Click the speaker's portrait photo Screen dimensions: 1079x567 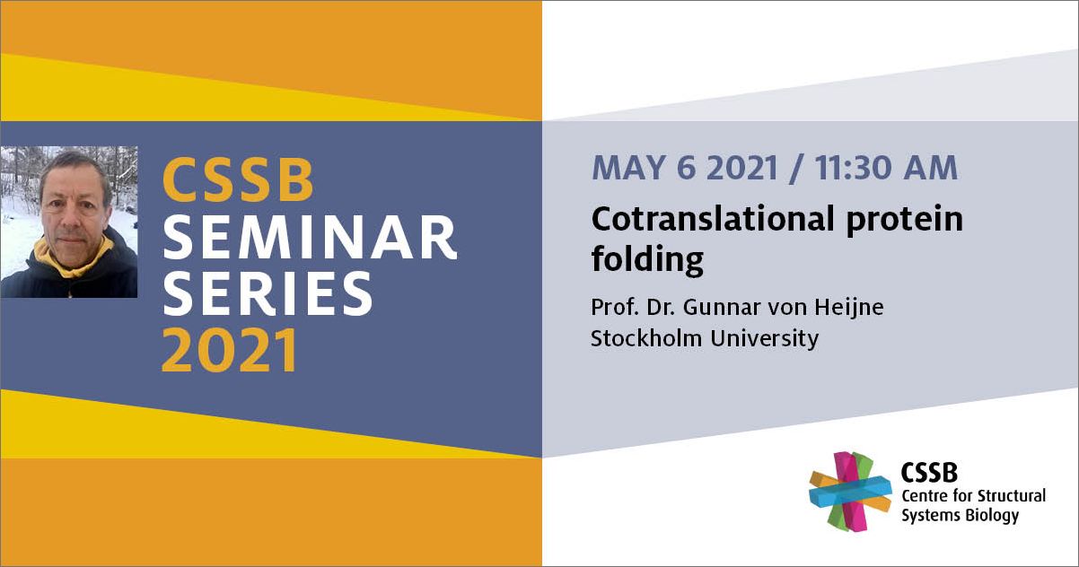click(69, 222)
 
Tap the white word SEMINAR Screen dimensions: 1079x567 click(311, 237)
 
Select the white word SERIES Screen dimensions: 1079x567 click(268, 293)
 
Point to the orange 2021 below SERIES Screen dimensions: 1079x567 click(229, 350)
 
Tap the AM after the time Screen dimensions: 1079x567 click(930, 168)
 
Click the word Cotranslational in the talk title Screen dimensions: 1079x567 click(713, 219)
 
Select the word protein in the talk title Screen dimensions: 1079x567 click(905, 222)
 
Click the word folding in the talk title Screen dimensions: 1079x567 click(647, 261)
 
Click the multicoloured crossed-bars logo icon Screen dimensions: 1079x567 click(850, 492)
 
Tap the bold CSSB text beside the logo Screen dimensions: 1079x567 click(929, 473)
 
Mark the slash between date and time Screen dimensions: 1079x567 click(797, 169)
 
